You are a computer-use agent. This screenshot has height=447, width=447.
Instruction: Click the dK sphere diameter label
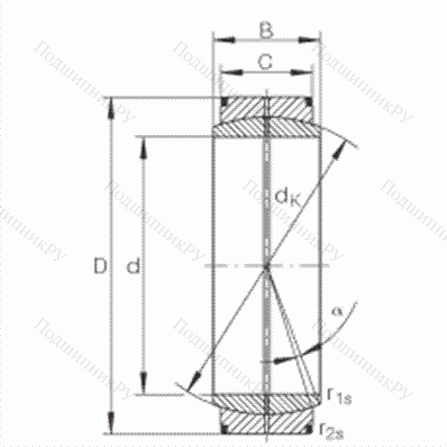(287, 192)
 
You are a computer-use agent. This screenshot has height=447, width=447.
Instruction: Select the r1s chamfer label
(337, 394)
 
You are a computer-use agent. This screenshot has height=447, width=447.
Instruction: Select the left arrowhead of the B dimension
(219, 39)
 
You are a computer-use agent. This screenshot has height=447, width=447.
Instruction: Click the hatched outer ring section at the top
(265, 105)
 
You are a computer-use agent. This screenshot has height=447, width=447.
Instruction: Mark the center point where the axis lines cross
(266, 266)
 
